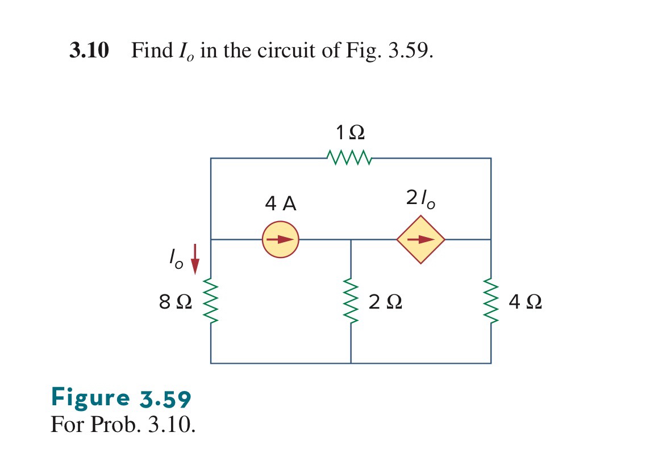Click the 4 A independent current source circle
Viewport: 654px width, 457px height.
click(x=280, y=239)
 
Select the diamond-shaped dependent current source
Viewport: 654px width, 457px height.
click(x=420, y=239)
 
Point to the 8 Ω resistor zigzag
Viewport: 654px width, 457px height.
click(x=211, y=302)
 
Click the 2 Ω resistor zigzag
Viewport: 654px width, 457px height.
click(x=351, y=302)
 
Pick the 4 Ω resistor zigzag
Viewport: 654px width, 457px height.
click(x=491, y=302)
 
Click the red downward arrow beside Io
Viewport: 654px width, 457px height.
click(x=195, y=259)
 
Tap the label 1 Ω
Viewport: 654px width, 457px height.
click(x=349, y=133)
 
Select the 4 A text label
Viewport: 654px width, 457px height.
click(x=281, y=203)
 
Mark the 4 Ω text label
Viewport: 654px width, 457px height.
click(x=526, y=302)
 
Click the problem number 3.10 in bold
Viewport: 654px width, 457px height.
click(x=89, y=51)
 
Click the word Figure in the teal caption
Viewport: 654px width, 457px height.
click(x=90, y=397)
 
